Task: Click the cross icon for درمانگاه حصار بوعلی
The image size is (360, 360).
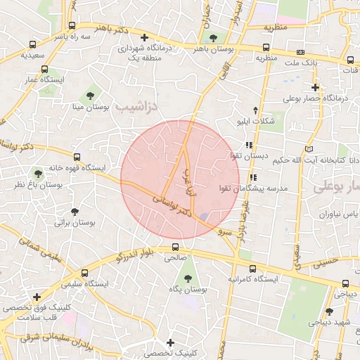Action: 316,88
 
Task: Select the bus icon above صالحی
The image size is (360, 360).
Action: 175,247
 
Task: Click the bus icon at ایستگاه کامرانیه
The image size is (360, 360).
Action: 252,268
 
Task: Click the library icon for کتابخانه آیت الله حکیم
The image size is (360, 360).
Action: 310,148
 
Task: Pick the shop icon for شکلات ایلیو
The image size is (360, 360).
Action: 255,110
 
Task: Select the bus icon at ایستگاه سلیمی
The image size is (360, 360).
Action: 85,273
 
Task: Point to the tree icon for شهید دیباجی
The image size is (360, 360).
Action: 328,311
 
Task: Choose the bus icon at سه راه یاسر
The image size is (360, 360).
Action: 74,25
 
